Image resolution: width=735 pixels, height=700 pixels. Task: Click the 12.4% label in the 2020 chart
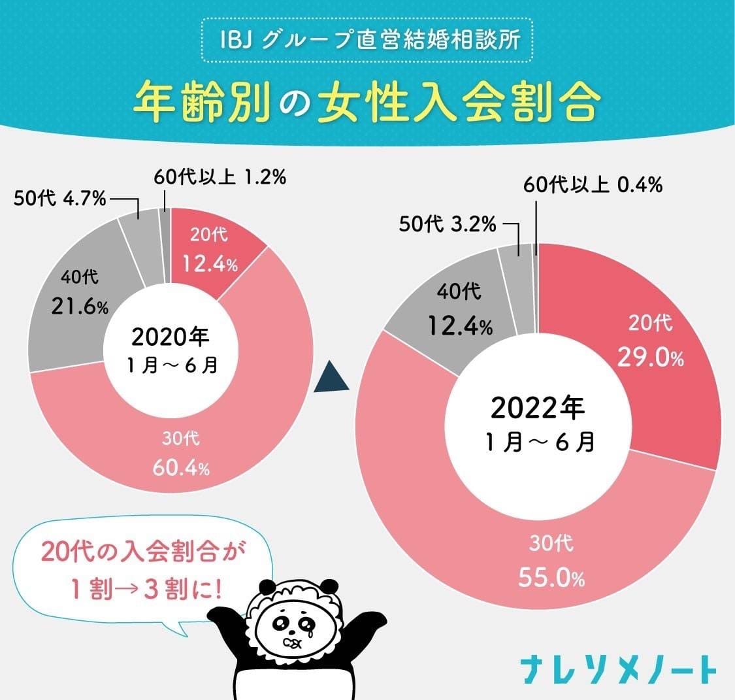click(210, 265)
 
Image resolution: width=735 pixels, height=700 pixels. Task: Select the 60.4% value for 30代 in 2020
click(181, 469)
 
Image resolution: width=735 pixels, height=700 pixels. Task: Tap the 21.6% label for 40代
click(81, 306)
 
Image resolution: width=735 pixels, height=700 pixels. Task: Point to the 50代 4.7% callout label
click(60, 199)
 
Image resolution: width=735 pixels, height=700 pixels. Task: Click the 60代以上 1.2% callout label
click(220, 177)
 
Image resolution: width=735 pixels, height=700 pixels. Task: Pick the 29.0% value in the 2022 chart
click(650, 358)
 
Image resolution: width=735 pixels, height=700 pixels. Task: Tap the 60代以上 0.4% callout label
click(593, 186)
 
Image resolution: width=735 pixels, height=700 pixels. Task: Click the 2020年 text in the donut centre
click(171, 337)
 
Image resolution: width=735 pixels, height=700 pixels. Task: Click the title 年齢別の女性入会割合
click(367, 102)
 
